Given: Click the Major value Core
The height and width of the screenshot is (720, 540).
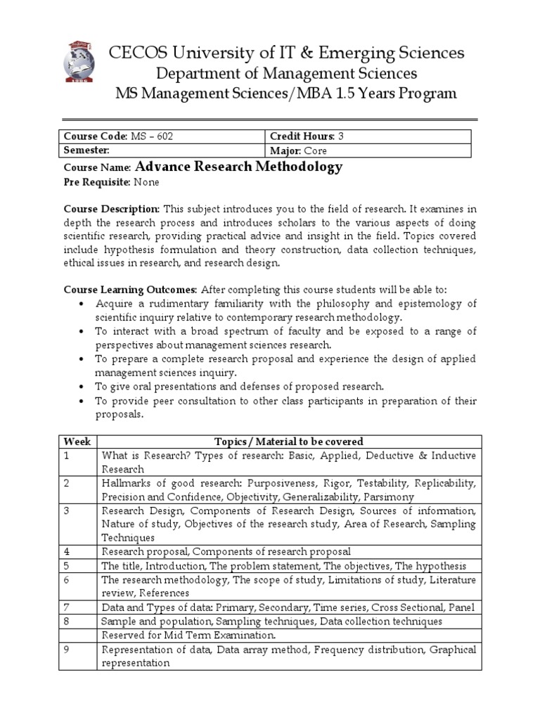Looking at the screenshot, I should point(315,150).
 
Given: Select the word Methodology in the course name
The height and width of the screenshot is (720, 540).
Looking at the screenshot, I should point(300,167).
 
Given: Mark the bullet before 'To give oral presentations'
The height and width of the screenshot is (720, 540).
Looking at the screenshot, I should point(82,387).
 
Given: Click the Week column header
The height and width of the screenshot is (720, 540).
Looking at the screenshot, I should point(77,442).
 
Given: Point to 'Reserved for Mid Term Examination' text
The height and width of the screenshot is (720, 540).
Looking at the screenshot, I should point(188,635).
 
